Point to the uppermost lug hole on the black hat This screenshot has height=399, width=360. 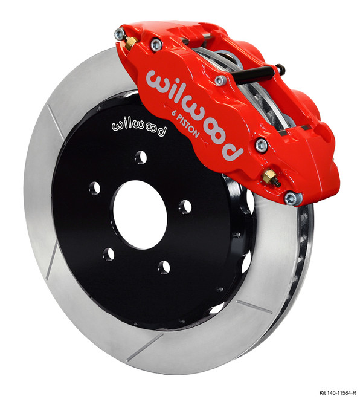tap(140, 158)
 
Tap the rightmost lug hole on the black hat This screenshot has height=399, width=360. tap(185, 207)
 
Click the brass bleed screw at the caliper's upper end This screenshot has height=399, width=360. tap(129, 42)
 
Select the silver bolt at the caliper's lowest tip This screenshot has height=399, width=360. tap(290, 197)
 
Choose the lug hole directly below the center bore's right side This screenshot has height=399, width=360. tap(162, 267)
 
